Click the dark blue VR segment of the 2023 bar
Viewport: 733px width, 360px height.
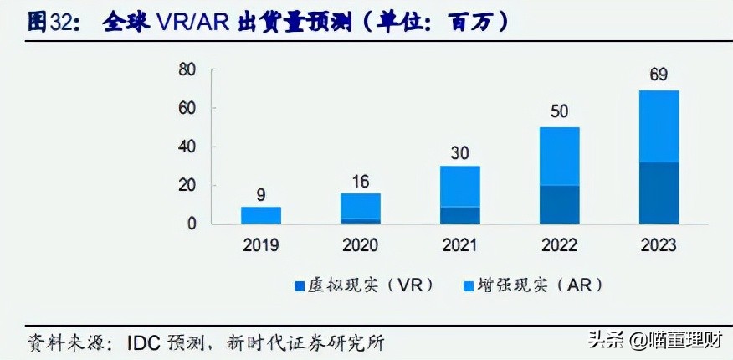tap(659, 193)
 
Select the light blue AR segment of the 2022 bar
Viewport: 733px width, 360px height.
tap(559, 156)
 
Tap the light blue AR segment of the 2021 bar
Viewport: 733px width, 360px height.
tap(460, 186)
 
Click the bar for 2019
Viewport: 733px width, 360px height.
tap(261, 215)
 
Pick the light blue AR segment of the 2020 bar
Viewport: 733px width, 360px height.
tap(361, 206)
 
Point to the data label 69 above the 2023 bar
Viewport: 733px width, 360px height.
tap(659, 76)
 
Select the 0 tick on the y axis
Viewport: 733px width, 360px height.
tap(192, 224)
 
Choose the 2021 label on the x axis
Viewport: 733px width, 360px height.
tap(460, 245)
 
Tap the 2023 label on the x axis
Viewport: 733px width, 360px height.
tap(659, 245)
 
